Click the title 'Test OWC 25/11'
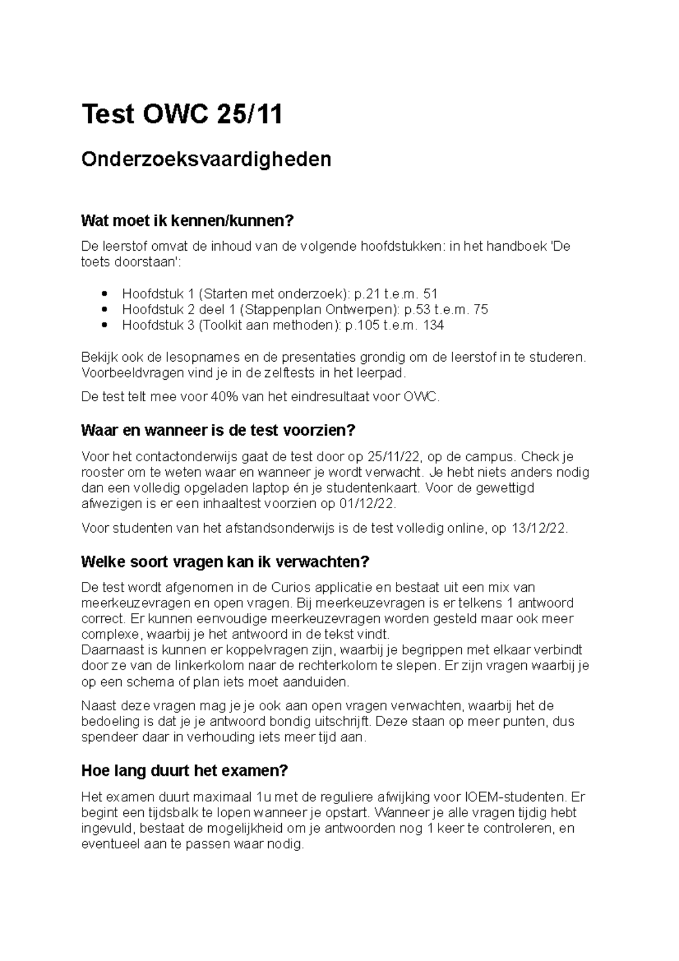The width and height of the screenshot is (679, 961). click(x=182, y=115)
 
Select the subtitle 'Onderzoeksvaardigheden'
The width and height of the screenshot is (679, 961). click(x=206, y=160)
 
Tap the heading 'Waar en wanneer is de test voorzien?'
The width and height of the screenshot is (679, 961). click(x=218, y=431)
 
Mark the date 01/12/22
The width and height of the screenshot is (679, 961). click(x=371, y=504)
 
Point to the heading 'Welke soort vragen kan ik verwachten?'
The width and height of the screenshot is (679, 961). click(x=225, y=562)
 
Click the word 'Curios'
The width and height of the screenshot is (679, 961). click(x=292, y=587)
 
